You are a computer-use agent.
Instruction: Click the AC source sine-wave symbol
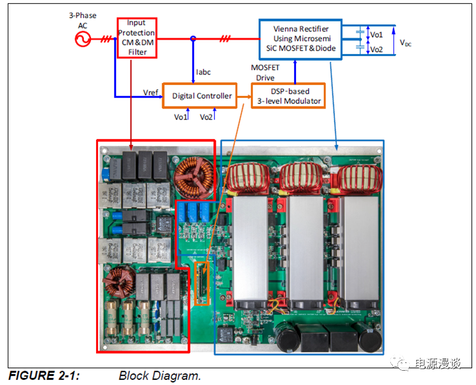(82, 40)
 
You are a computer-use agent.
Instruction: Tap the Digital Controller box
(202, 96)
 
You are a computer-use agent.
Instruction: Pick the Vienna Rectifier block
(301, 38)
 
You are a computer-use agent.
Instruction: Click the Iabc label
(205, 71)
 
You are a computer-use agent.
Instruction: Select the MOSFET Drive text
(265, 73)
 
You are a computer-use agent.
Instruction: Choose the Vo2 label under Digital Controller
(207, 118)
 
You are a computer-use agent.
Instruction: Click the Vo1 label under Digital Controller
(181, 118)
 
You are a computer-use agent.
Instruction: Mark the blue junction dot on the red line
(193, 39)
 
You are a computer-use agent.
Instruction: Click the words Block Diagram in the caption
(160, 375)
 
